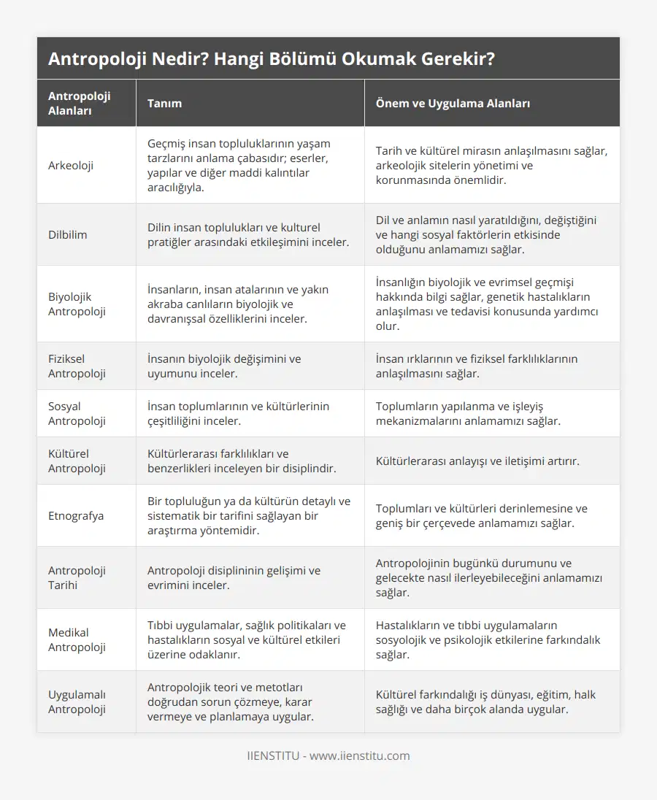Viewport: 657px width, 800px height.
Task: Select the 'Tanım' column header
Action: (x=165, y=103)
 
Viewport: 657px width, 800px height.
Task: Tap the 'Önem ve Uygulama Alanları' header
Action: (x=453, y=103)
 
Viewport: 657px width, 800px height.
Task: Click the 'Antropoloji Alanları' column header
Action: (x=80, y=103)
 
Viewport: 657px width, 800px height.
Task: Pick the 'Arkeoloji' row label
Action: (x=71, y=165)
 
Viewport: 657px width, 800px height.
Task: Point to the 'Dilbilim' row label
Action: (x=67, y=234)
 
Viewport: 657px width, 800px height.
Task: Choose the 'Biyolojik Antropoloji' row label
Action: (x=77, y=304)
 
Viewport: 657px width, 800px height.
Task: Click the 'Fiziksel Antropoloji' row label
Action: (x=77, y=366)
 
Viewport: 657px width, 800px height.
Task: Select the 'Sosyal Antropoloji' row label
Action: (x=77, y=413)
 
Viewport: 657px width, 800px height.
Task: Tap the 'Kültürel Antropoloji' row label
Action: (x=77, y=461)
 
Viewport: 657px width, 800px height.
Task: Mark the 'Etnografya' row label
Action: (x=76, y=515)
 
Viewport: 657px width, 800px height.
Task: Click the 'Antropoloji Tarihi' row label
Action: (x=77, y=577)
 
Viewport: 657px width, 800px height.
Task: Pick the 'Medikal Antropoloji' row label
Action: (x=77, y=639)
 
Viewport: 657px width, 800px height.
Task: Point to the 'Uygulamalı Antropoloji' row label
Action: (x=77, y=701)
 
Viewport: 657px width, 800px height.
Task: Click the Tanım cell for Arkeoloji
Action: (x=239, y=165)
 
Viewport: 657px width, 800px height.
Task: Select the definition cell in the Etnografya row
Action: (x=248, y=515)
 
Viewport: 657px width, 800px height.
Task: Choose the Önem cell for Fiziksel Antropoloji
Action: (x=476, y=366)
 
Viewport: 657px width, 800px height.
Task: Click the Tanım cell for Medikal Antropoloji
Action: (x=247, y=639)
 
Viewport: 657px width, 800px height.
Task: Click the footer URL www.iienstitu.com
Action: (x=359, y=755)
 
